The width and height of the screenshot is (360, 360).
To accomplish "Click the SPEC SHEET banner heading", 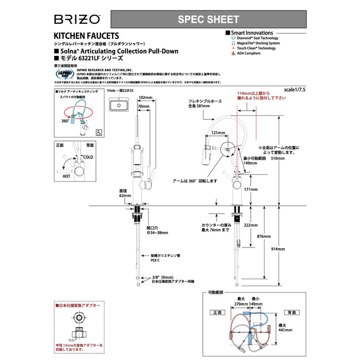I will pos(208,19).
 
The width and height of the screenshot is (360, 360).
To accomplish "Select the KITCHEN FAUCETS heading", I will pos(86,35).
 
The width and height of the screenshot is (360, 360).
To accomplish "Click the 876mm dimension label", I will pos(264,237).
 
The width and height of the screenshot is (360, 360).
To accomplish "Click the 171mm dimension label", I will pos(251,190).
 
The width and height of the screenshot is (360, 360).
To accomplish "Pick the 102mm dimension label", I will pos(145,97).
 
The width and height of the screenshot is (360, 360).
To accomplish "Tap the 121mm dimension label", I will pos(218,133).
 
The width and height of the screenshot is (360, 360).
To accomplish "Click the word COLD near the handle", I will pos(88,157).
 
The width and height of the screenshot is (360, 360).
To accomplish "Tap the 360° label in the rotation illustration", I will pos(66,121).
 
